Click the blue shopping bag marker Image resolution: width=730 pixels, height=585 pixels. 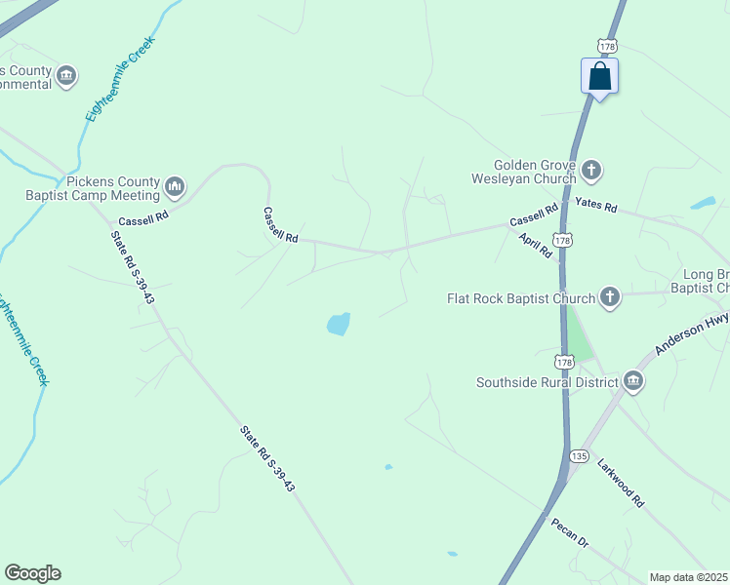point(600,77)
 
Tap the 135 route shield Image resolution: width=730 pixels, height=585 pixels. point(580,455)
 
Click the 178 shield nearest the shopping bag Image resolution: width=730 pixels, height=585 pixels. point(606,46)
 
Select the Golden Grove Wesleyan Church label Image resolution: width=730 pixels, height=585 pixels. point(535,173)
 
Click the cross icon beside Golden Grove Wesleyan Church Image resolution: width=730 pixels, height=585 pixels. point(590,172)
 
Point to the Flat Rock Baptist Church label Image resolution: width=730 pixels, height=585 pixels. point(520,298)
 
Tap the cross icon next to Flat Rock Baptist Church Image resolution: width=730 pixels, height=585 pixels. point(610,297)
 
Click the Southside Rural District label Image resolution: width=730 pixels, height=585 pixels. point(546,382)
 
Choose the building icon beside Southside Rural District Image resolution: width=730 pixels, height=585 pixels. point(632,380)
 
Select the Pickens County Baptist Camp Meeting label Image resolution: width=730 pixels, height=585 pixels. point(94,187)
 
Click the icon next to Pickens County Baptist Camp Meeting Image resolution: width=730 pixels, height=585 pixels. point(176,185)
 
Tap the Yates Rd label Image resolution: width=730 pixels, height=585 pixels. point(596,207)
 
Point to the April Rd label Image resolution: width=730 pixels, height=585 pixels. point(536,245)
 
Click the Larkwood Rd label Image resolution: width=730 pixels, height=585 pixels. point(621,483)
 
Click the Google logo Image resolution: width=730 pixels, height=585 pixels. point(32,573)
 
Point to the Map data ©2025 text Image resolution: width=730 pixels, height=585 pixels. point(689,577)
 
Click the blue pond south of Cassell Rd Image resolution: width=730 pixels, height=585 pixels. point(338,324)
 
